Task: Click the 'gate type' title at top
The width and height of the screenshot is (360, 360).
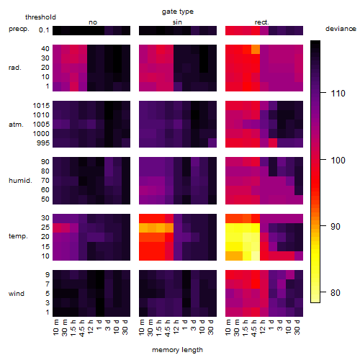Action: (178, 12)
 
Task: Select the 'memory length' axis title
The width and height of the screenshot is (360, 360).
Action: (177, 350)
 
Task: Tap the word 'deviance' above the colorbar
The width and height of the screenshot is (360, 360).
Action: (341, 29)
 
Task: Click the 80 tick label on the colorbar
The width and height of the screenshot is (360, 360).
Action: (336, 293)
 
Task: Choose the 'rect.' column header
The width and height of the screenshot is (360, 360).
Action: (261, 22)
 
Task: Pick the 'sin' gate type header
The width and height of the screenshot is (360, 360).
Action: (177, 22)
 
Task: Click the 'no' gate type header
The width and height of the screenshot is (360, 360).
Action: (93, 22)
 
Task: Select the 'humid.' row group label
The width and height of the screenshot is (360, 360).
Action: (20, 181)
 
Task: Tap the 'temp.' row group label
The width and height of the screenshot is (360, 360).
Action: (18, 236)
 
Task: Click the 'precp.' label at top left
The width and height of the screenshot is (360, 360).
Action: (19, 29)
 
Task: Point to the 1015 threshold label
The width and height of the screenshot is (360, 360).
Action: (41, 106)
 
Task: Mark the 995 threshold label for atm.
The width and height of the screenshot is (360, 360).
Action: (43, 143)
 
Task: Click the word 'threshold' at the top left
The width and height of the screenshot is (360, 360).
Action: (40, 17)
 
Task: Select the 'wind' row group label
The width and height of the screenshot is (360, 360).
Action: (17, 294)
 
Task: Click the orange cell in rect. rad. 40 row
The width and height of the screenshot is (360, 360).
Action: (256, 50)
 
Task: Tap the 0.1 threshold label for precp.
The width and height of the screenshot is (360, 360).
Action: (44, 30)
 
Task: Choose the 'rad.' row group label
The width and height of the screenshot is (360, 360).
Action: (15, 68)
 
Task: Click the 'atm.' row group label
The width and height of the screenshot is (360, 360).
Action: (16, 125)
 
